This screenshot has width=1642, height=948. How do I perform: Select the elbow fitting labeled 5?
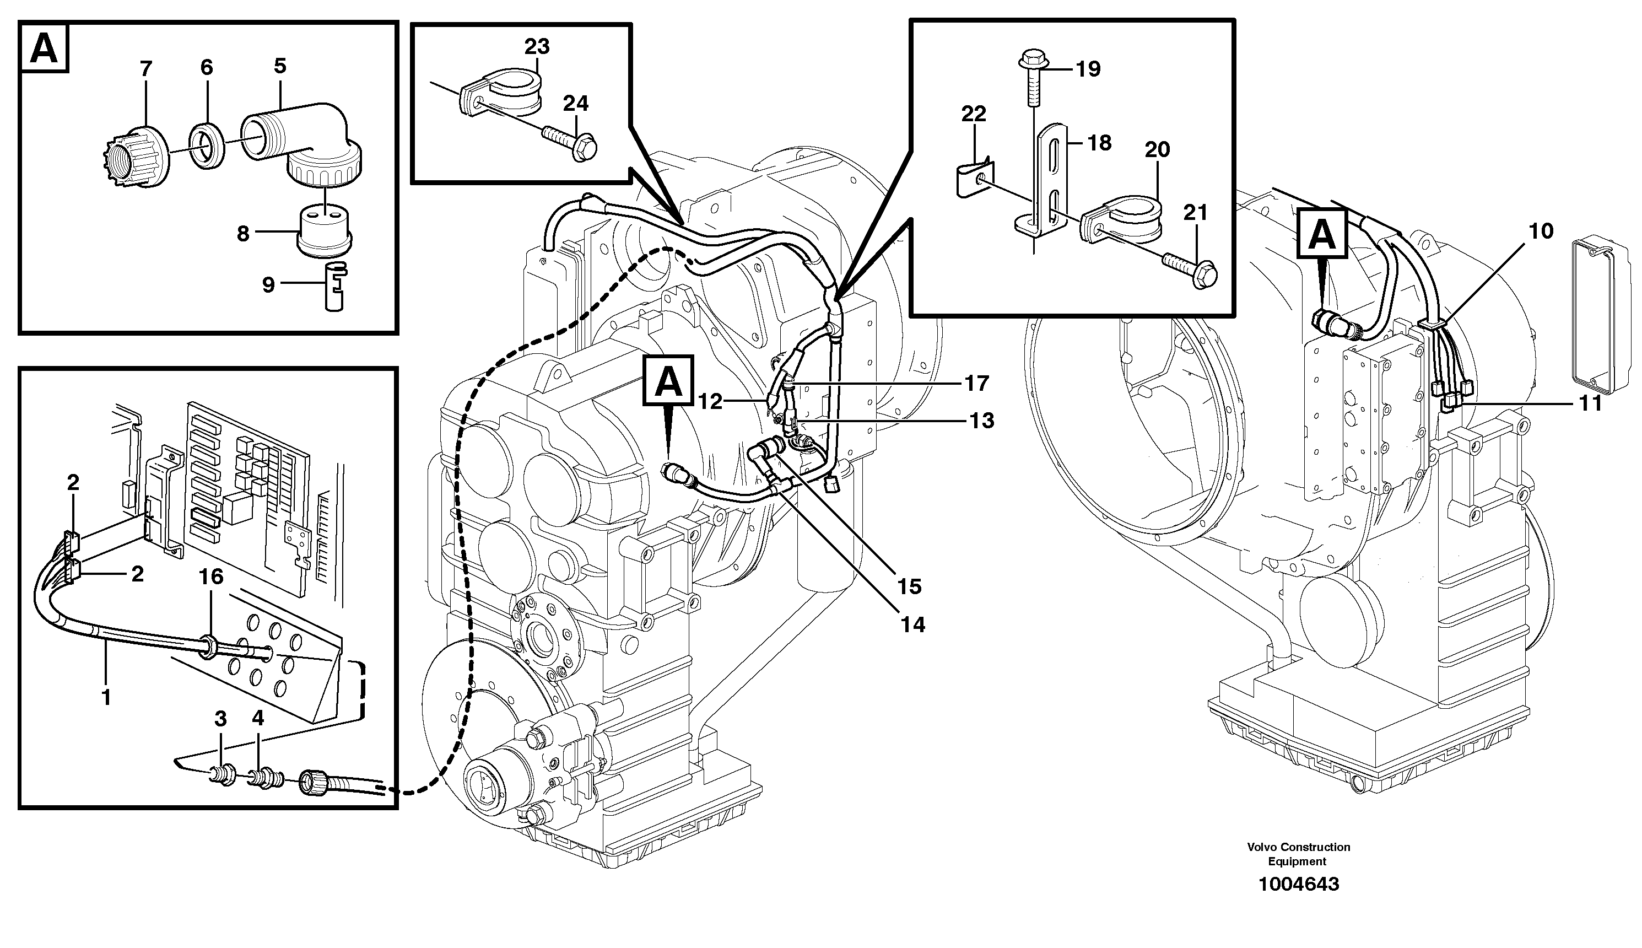click(x=306, y=143)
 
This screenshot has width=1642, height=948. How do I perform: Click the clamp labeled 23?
click(x=514, y=91)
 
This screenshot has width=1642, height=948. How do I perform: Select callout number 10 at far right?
click(x=1541, y=231)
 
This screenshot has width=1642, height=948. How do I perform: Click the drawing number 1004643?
click(x=1298, y=884)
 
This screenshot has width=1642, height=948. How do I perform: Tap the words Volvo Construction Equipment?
click(x=1298, y=854)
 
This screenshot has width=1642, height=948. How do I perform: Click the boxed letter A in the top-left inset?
click(x=44, y=47)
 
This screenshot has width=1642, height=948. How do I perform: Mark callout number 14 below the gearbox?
click(x=913, y=625)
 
